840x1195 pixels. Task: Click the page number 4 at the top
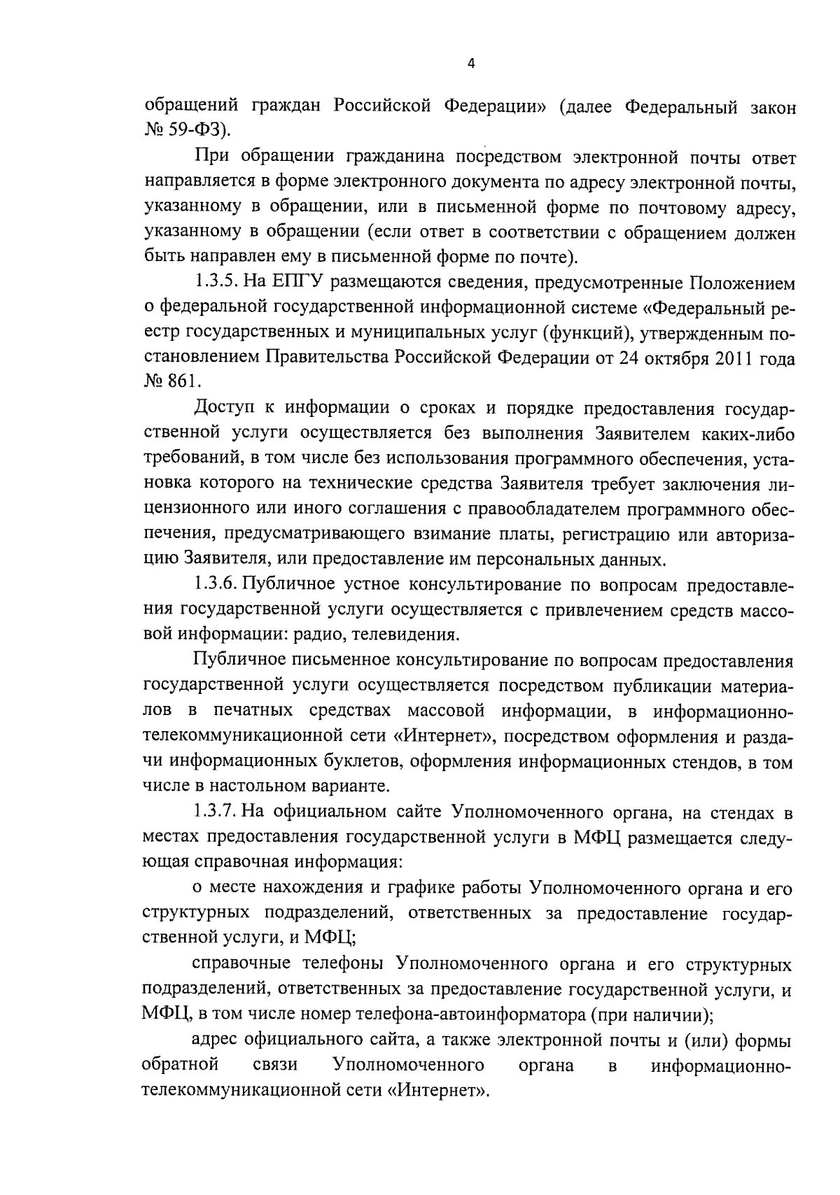coord(471,64)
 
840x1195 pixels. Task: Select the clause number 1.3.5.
coord(218,283)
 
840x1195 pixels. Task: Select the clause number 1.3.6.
coord(218,585)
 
